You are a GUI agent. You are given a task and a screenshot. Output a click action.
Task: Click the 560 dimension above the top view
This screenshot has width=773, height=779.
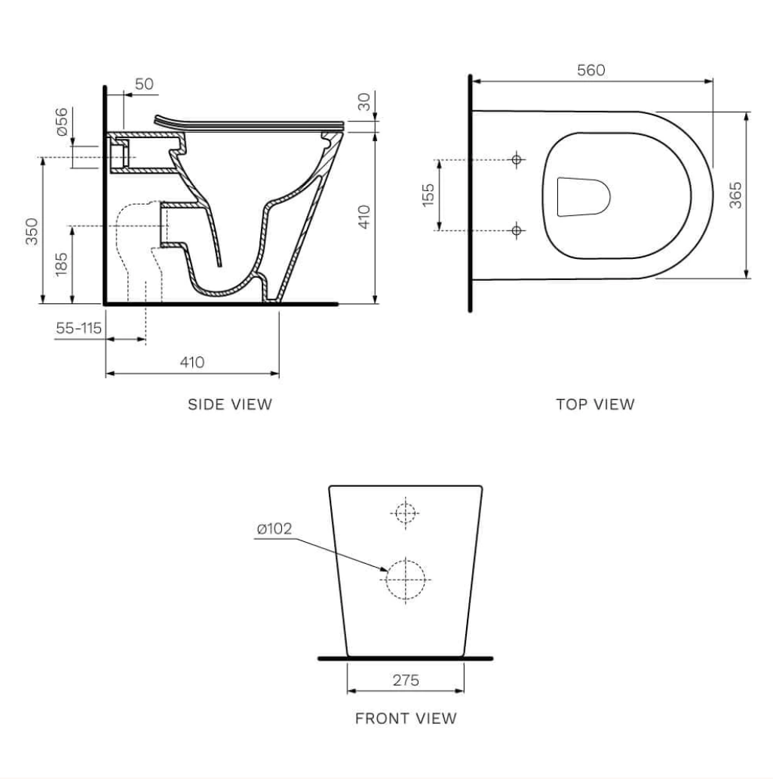point(590,70)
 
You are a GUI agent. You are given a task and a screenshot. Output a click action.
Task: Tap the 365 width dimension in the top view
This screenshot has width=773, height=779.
point(736,195)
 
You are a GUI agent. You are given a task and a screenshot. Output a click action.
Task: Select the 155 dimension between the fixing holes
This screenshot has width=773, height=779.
point(428,195)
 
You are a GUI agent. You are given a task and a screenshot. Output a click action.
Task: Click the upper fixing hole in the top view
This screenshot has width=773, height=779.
point(517,159)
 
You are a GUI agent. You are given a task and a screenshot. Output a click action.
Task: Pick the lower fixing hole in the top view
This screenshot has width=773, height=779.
point(517,230)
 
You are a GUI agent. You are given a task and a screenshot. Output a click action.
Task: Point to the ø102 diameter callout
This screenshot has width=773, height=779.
point(275,528)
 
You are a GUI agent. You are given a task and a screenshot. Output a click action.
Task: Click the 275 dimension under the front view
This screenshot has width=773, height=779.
point(406,679)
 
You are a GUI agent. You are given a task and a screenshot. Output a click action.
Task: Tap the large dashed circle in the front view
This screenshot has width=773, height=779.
point(406,579)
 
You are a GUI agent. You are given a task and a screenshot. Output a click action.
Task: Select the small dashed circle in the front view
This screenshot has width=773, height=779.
point(406,513)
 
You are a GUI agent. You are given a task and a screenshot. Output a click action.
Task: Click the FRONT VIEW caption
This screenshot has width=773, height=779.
point(406,719)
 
